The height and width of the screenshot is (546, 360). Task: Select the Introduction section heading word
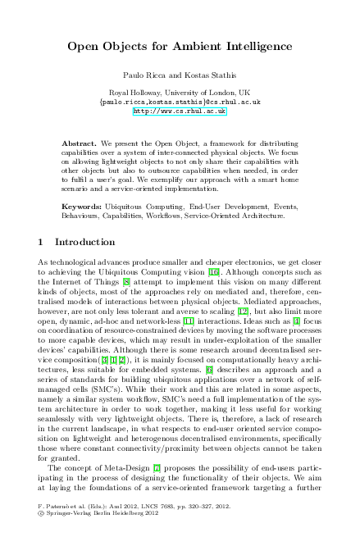pos(84,243)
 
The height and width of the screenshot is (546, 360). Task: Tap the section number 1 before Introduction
pos(41,243)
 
